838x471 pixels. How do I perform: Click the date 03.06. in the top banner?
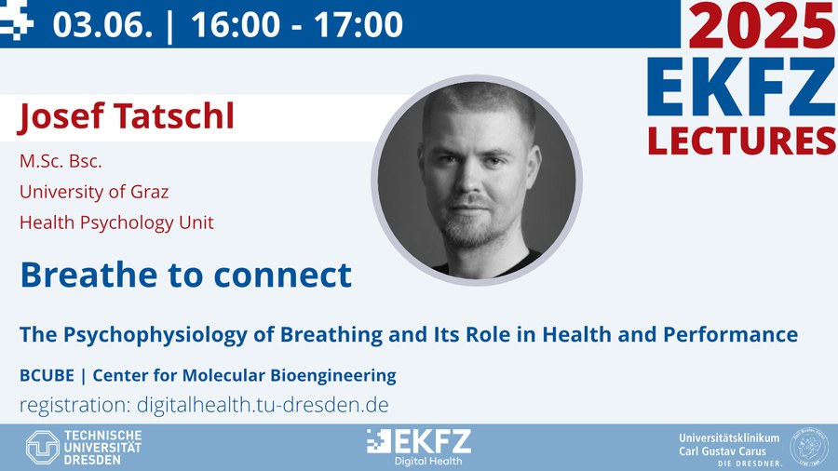point(102,24)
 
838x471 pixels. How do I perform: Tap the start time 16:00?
point(236,24)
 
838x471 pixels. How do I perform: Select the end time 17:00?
point(358,24)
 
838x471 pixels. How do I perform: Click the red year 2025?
point(763,25)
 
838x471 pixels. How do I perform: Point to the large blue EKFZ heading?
point(741,87)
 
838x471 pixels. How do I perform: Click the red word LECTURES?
point(742,141)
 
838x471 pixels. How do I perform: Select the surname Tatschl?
point(174,115)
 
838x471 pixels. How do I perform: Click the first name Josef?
point(61,116)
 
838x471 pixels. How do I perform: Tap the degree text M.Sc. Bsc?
point(61,161)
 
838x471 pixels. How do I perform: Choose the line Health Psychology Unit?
point(116,222)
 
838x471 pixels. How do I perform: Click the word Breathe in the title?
point(89,275)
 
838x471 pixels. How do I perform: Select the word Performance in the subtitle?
point(731,334)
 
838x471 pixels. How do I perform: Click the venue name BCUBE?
point(47,375)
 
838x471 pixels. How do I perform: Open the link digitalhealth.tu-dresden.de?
point(263,405)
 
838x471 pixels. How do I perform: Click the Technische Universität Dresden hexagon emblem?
point(43,447)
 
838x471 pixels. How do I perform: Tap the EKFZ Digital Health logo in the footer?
point(419,447)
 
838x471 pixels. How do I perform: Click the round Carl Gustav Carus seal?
point(809,446)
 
